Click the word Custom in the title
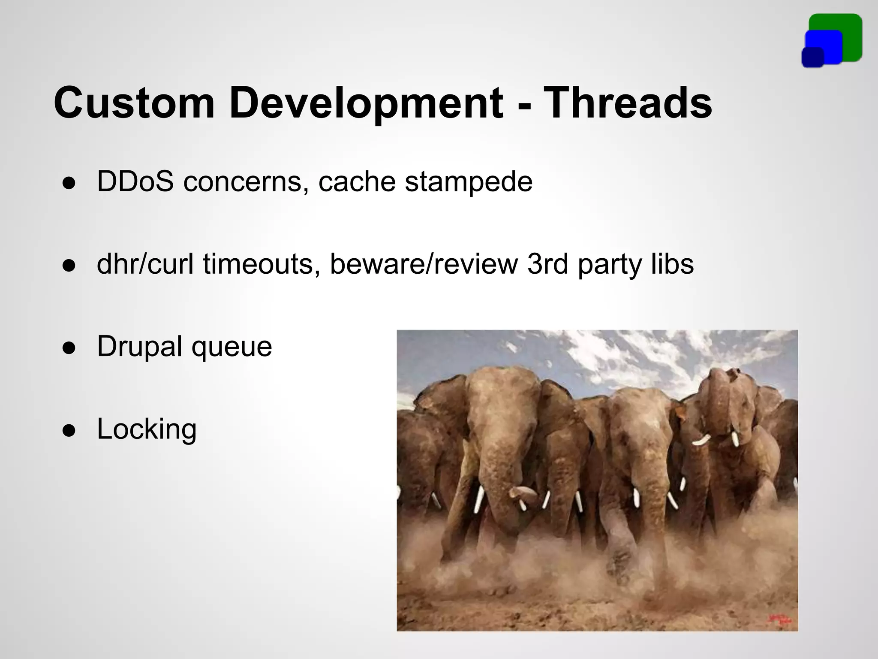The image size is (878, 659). (x=134, y=103)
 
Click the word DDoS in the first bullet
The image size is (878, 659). (x=135, y=181)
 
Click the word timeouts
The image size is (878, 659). (x=261, y=264)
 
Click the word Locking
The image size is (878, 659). (x=147, y=429)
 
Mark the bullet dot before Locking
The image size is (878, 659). (x=69, y=430)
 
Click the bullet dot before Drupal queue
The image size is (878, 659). (x=69, y=348)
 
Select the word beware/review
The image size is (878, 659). (x=424, y=264)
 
